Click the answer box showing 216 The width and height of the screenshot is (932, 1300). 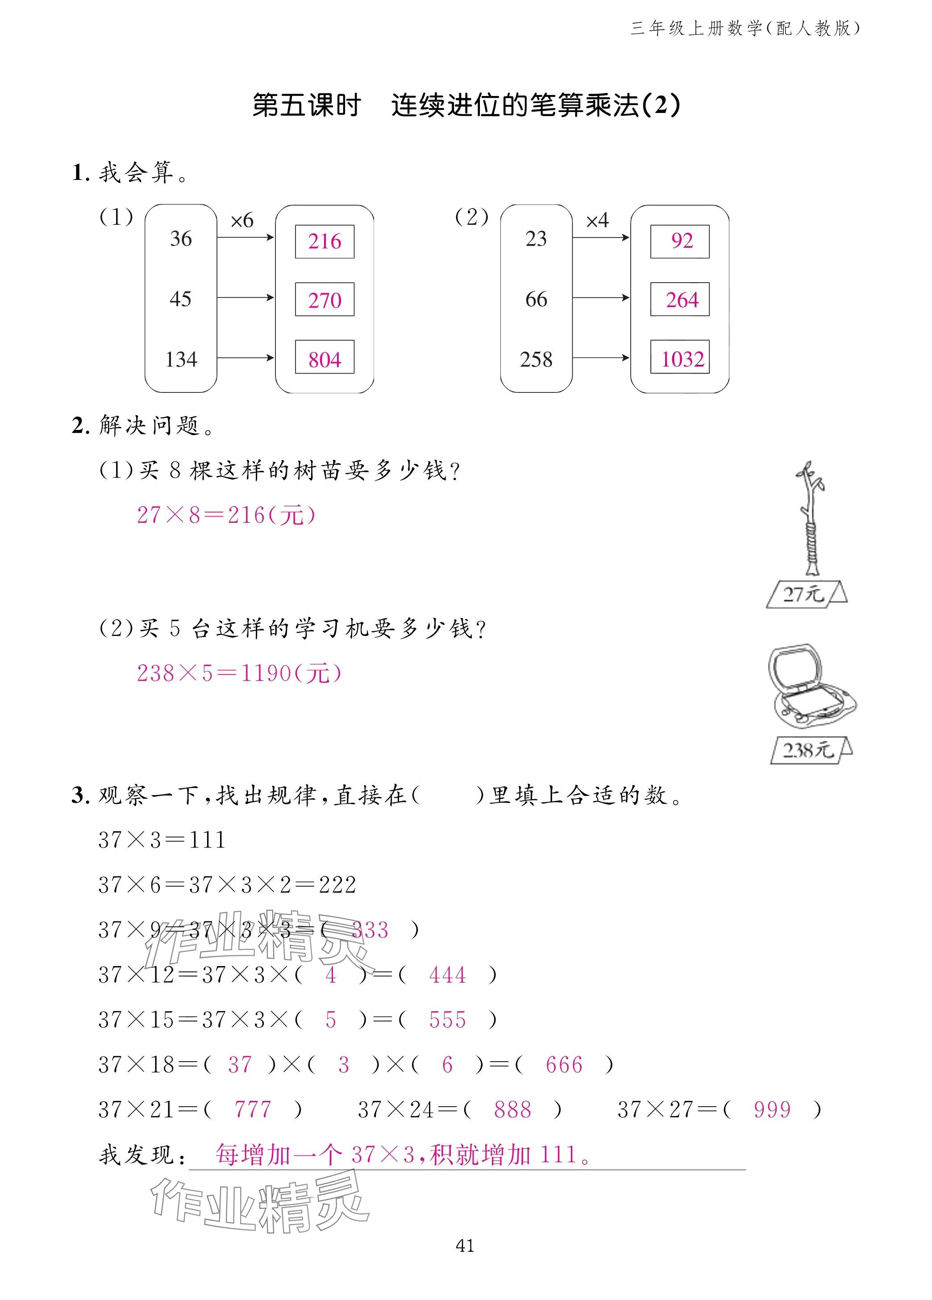click(x=325, y=242)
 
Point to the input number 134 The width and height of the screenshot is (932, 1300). click(x=181, y=359)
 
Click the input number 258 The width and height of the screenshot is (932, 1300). click(x=536, y=359)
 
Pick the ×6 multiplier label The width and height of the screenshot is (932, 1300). click(x=241, y=220)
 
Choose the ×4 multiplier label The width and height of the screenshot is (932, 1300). click(x=597, y=220)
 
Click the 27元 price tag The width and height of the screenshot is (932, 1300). click(x=805, y=594)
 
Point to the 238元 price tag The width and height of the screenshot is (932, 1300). click(x=809, y=750)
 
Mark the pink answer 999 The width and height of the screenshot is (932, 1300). click(x=771, y=1110)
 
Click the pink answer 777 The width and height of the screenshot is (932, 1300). click(x=252, y=1110)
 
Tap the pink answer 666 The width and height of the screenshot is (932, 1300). click(x=563, y=1065)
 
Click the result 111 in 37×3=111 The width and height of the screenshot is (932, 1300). click(x=207, y=840)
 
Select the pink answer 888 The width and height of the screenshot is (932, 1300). click(x=512, y=1110)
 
